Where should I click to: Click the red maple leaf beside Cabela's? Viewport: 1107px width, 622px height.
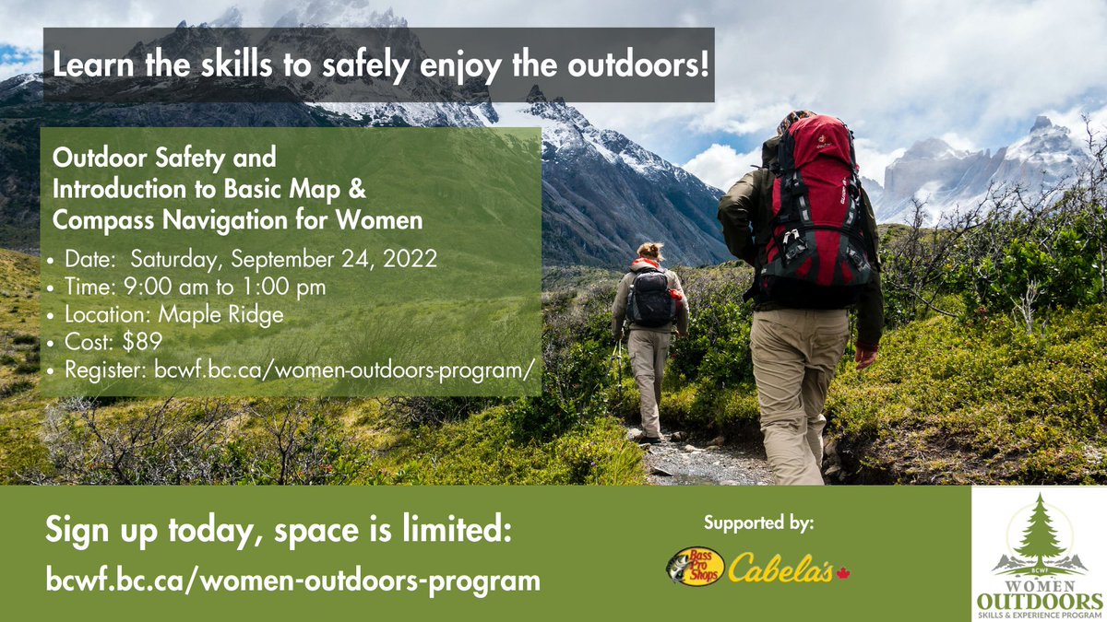click(x=841, y=573)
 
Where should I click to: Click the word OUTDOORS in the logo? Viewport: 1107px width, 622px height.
click(x=1039, y=600)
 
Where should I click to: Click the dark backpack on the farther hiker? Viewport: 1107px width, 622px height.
click(x=650, y=296)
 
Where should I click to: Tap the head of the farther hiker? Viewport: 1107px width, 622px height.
click(x=651, y=251)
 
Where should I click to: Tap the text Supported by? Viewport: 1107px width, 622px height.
click(x=758, y=524)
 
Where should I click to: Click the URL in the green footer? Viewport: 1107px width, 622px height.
click(x=292, y=581)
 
